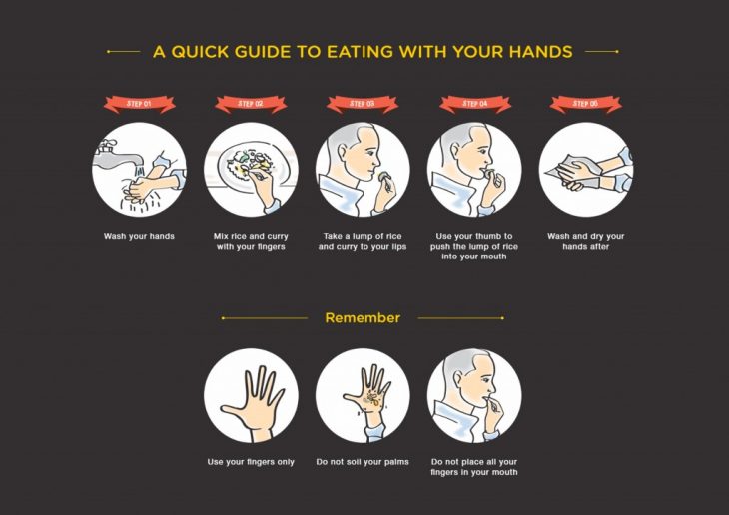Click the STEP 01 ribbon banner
[x=140, y=104]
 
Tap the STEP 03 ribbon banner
[x=363, y=104]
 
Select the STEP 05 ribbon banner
[x=586, y=104]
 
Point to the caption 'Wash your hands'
[x=139, y=236]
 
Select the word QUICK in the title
[x=201, y=52]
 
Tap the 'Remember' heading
[x=363, y=318]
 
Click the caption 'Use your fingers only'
[x=251, y=462]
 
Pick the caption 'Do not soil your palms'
[x=363, y=462]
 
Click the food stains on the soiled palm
[x=373, y=399]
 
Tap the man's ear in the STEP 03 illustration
[x=343, y=151]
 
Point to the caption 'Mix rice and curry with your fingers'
[x=251, y=241]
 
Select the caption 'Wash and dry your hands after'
[x=586, y=241]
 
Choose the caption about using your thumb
[x=474, y=246]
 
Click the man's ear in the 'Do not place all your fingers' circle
[x=455, y=375]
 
